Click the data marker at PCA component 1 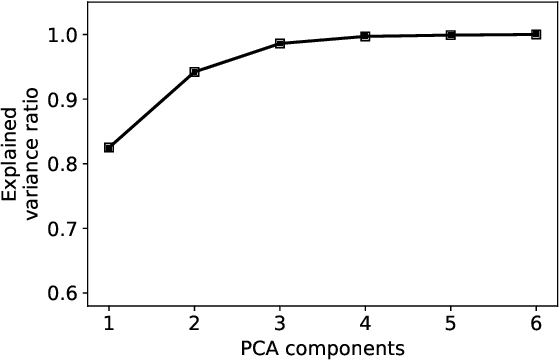[x=109, y=148]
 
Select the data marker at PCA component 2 [x=194, y=72]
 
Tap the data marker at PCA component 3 [x=280, y=44]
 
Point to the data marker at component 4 [x=365, y=36]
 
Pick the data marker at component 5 [x=451, y=35]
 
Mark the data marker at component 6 [x=536, y=34]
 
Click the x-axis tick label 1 [x=109, y=323]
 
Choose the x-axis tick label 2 [x=194, y=323]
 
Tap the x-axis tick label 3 [x=280, y=323]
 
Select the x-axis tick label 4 [x=365, y=323]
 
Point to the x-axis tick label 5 [x=451, y=323]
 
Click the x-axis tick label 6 [x=536, y=323]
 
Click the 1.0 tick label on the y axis [x=66, y=35]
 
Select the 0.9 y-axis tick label [x=66, y=99]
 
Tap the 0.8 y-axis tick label [x=66, y=164]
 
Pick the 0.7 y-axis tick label [x=66, y=228]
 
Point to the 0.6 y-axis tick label [x=66, y=293]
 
